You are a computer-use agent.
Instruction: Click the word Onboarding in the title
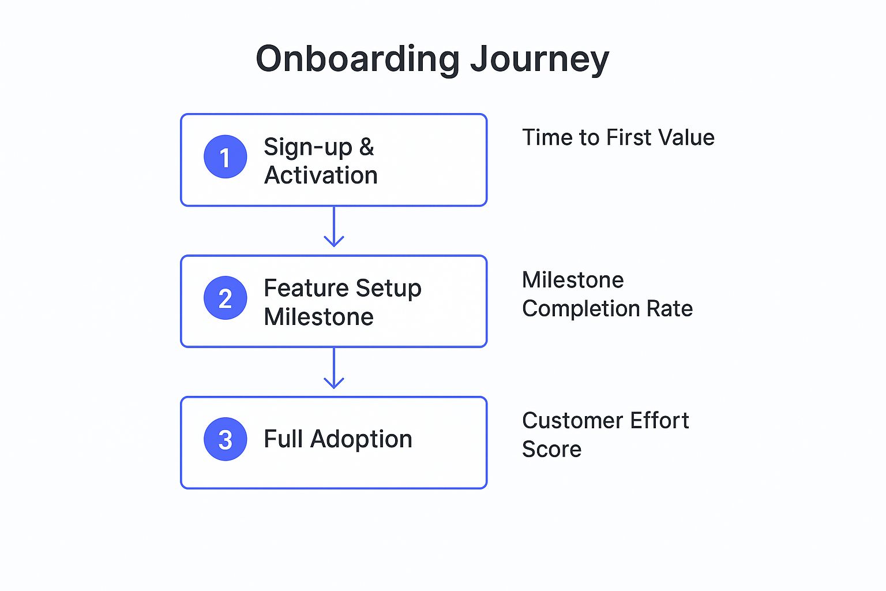coord(357,59)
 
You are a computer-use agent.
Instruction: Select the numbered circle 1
coord(225,157)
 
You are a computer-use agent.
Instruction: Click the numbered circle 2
coord(225,298)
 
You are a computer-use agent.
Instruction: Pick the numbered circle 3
coord(225,439)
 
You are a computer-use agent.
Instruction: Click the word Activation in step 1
coord(321,175)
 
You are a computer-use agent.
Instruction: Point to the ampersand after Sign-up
coord(367,147)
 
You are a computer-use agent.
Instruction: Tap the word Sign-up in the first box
coord(307,148)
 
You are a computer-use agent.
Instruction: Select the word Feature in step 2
coord(306,288)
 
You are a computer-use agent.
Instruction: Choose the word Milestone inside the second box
coord(318,317)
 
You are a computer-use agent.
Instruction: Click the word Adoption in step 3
coord(361,440)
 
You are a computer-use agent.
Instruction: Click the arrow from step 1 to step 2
coord(334,227)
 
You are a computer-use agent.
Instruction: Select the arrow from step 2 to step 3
coord(334,369)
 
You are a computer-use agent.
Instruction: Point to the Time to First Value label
coord(618,138)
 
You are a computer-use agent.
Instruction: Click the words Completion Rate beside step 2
coord(607,309)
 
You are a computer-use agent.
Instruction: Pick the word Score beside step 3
coord(551,450)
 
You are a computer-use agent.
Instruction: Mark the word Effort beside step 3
coord(659,421)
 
